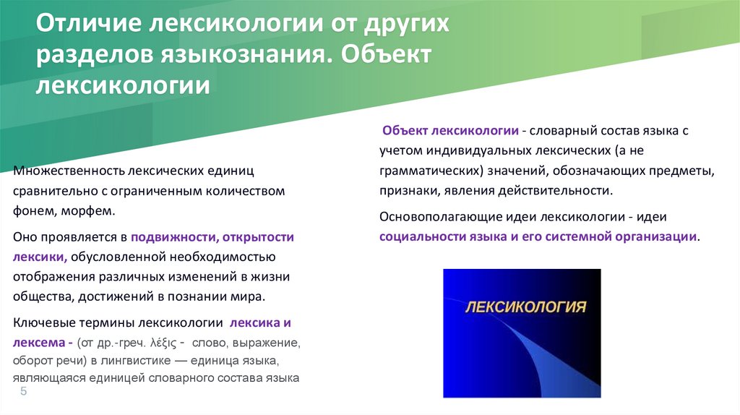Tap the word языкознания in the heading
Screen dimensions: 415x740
pyautogui.click(x=240, y=56)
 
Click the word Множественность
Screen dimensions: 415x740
pyautogui.click(x=69, y=172)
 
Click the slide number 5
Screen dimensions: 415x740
pyautogui.click(x=23, y=391)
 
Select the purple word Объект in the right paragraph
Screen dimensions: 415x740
pyautogui.click(x=405, y=132)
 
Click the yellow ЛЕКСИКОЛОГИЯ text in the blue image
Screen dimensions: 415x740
pyautogui.click(x=524, y=307)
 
